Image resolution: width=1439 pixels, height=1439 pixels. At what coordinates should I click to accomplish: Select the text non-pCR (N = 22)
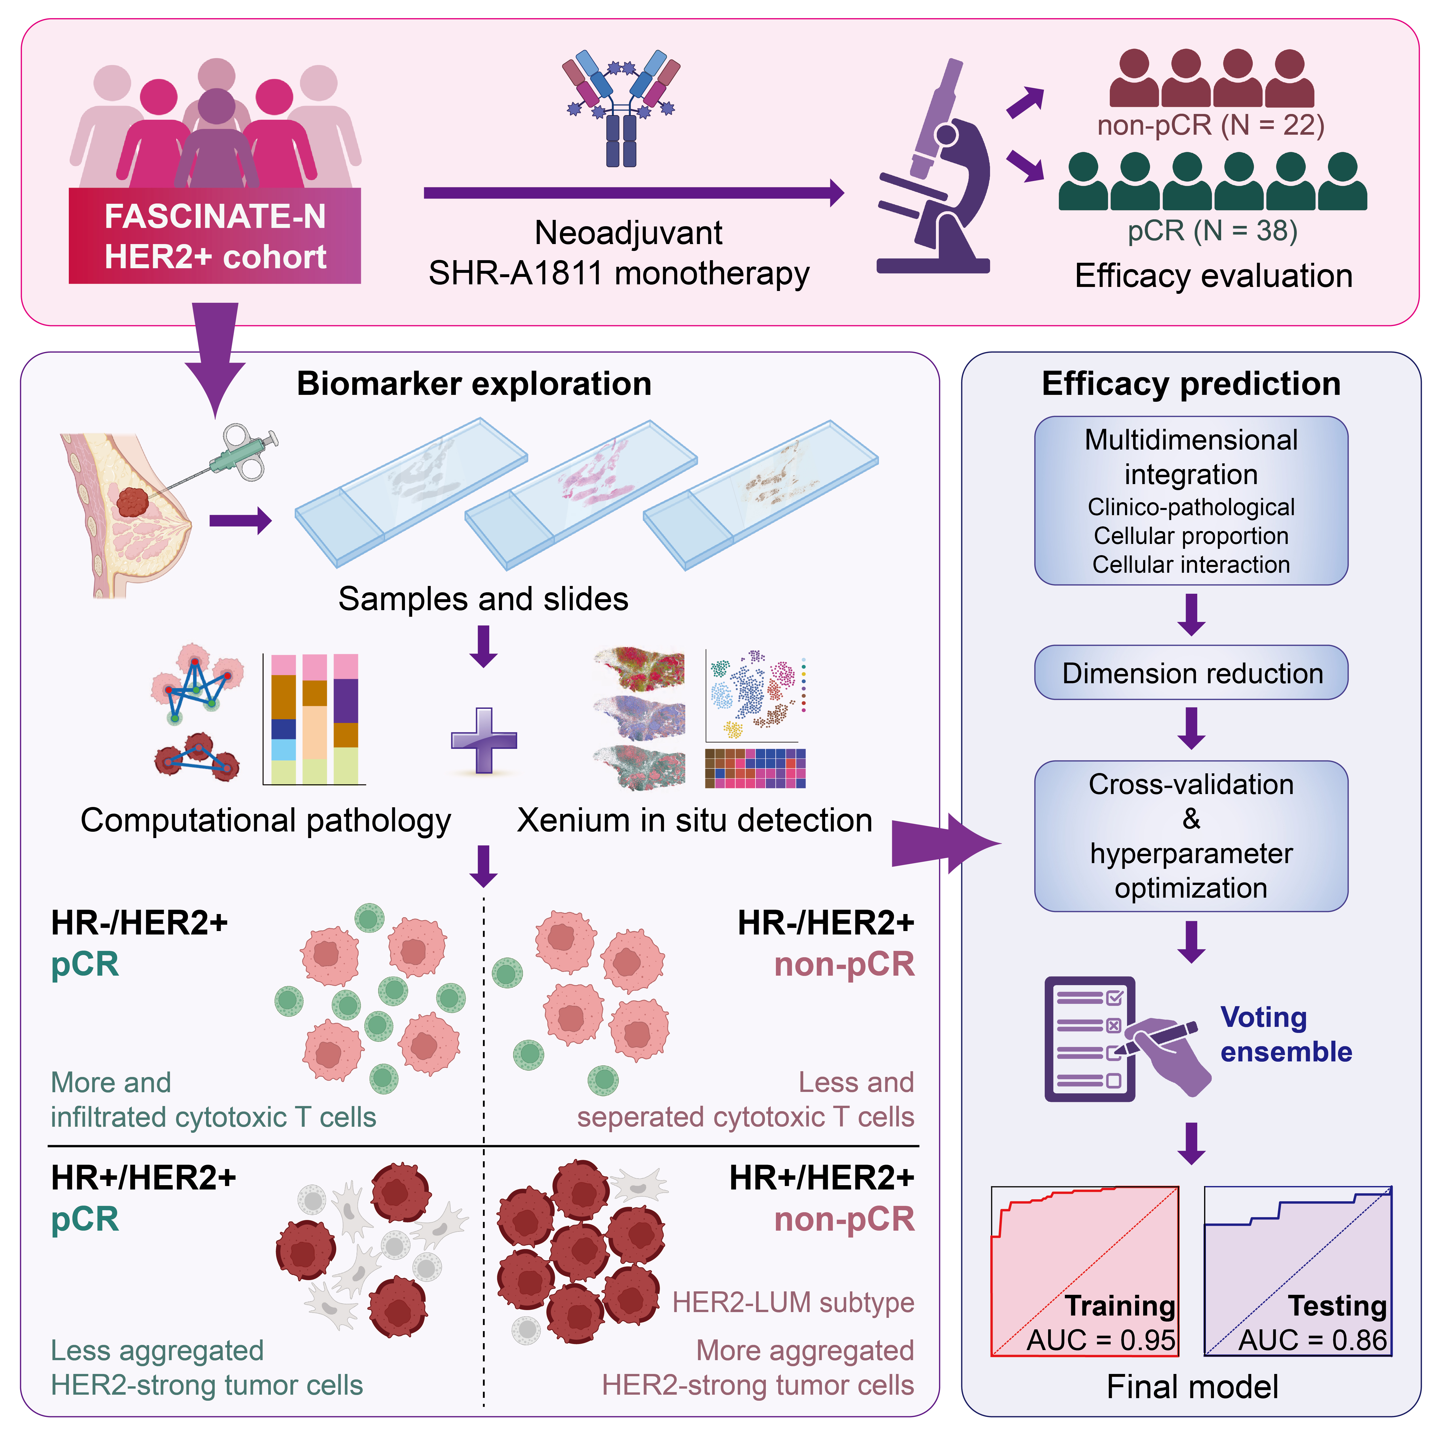pos(1210,125)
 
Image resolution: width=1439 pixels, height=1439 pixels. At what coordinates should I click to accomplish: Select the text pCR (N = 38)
pos(1212,231)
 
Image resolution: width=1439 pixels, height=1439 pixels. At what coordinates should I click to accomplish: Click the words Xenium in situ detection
pos(694,820)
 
